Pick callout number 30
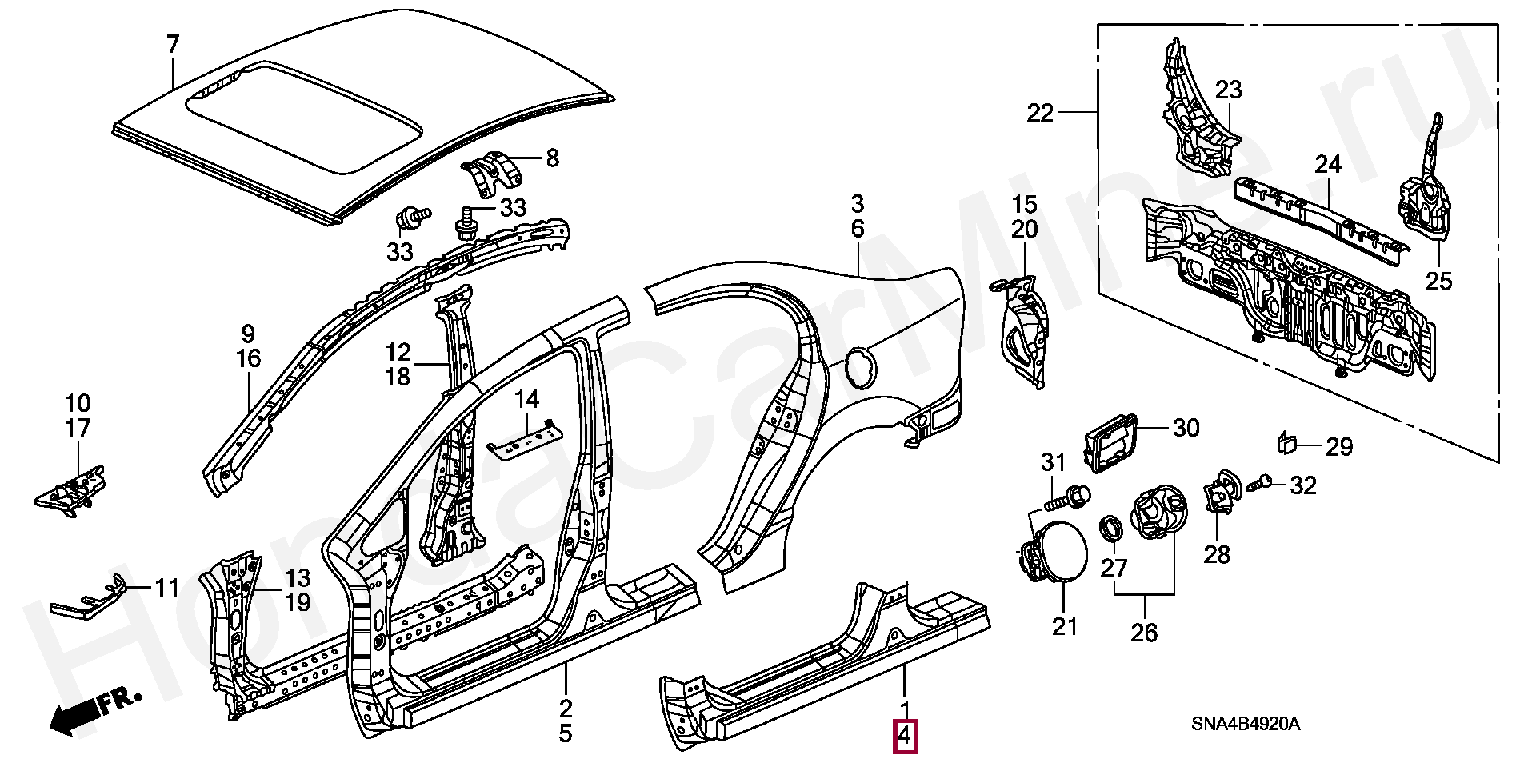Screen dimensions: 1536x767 pos(1186,428)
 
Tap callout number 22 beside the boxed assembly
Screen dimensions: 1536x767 pos(1042,114)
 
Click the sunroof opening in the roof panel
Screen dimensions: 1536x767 pos(304,118)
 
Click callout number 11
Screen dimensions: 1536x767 pos(166,589)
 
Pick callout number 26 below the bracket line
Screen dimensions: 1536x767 pos(1144,633)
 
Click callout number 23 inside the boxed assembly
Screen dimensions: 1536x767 pos(1229,90)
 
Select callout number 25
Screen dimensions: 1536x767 pos(1438,282)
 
